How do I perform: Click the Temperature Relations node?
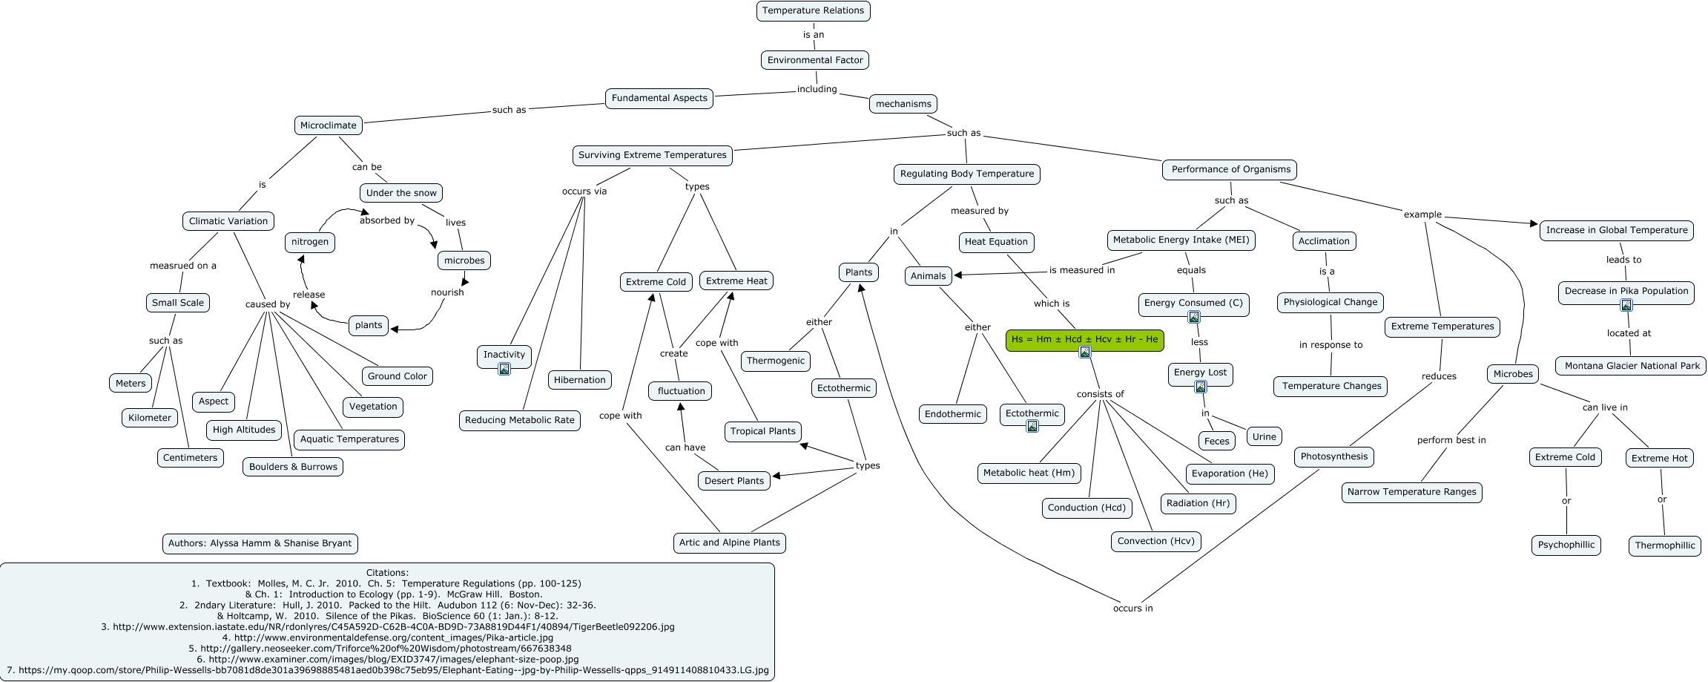(x=813, y=10)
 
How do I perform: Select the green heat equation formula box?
(x=1084, y=340)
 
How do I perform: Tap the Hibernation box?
(x=580, y=380)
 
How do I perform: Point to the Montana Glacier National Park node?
(x=1632, y=366)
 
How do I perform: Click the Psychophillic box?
(x=1566, y=545)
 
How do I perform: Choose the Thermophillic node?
(x=1665, y=545)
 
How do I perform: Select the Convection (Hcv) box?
(x=1155, y=541)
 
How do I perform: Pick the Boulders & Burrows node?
(x=293, y=467)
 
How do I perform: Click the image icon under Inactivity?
(x=504, y=369)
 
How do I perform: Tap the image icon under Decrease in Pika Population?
(x=1626, y=305)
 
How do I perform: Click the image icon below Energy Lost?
(x=1201, y=387)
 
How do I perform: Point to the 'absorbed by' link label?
(x=387, y=220)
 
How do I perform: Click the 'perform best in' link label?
(x=1451, y=440)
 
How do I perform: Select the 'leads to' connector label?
(x=1624, y=260)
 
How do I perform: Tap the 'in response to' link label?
(x=1331, y=345)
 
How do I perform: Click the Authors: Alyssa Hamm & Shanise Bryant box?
(x=260, y=543)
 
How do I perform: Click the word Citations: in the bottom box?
(x=387, y=573)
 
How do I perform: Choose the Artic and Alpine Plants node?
(x=729, y=542)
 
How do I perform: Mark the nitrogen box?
(x=310, y=242)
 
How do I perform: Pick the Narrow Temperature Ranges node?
(x=1411, y=492)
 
